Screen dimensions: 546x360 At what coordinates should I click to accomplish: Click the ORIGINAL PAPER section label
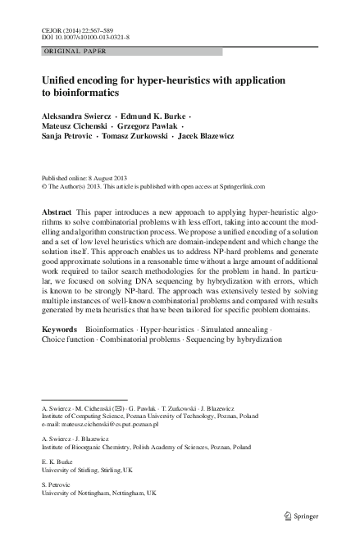(69, 51)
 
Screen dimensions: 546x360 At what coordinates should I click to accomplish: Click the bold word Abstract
(56, 212)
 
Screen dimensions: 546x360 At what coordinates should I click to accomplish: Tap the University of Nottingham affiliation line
(95, 494)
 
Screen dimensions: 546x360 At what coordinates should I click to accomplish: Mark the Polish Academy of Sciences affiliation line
(146, 448)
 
